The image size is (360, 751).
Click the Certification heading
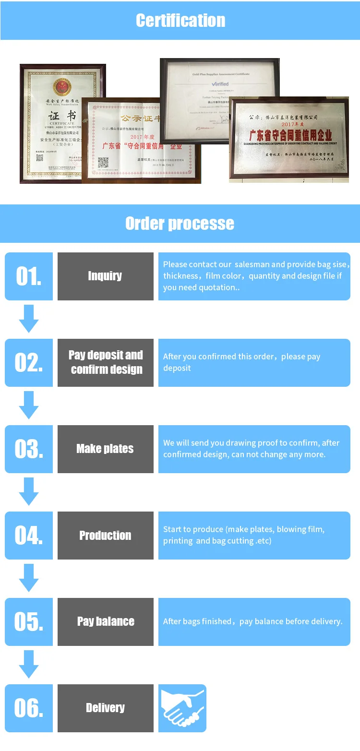[180, 20]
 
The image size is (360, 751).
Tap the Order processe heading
[180, 223]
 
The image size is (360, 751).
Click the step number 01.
[29, 276]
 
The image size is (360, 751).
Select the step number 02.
[29, 363]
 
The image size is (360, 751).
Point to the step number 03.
[29, 449]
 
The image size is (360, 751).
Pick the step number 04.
[29, 536]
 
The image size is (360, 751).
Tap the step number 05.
[29, 622]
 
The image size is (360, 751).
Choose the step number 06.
[29, 708]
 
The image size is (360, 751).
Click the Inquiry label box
[106, 276]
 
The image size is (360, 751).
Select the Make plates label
[106, 449]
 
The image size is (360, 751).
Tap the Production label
[106, 536]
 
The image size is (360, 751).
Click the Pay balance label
[106, 621]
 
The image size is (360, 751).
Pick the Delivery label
[106, 708]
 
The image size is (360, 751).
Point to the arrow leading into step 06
[29, 665]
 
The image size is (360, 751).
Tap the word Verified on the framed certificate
[220, 84]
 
